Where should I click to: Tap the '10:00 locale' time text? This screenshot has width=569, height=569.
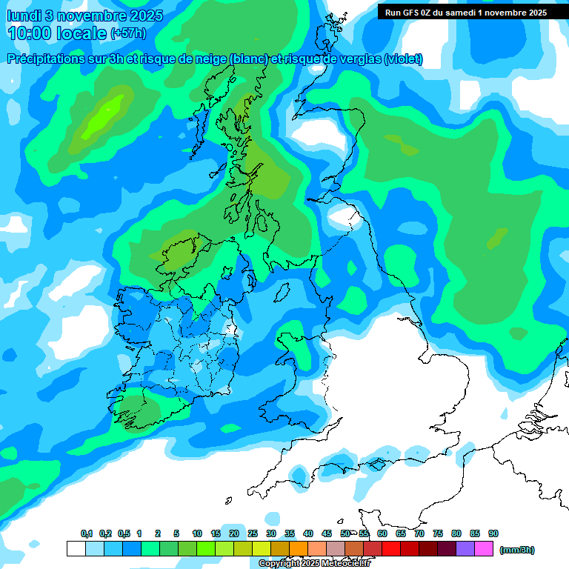coord(57,33)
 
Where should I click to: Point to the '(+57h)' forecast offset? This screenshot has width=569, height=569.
coord(128,33)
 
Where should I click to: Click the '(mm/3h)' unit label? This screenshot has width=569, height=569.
coord(516,550)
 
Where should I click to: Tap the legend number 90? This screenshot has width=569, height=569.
coord(493,533)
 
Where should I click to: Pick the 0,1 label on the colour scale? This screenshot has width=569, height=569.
coord(87,533)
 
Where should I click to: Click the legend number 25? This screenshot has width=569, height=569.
coord(253,533)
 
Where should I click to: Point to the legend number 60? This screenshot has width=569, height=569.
coord(382,533)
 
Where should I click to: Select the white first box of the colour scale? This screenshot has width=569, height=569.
coord(76,549)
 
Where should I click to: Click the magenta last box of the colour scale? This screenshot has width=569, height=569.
coord(484,549)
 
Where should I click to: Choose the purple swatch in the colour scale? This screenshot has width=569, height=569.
coord(465,549)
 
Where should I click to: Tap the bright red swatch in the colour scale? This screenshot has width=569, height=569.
coord(390,549)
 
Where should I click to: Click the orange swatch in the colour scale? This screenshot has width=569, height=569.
coord(298,549)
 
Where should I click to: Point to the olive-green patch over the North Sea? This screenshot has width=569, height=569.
coord(497,239)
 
